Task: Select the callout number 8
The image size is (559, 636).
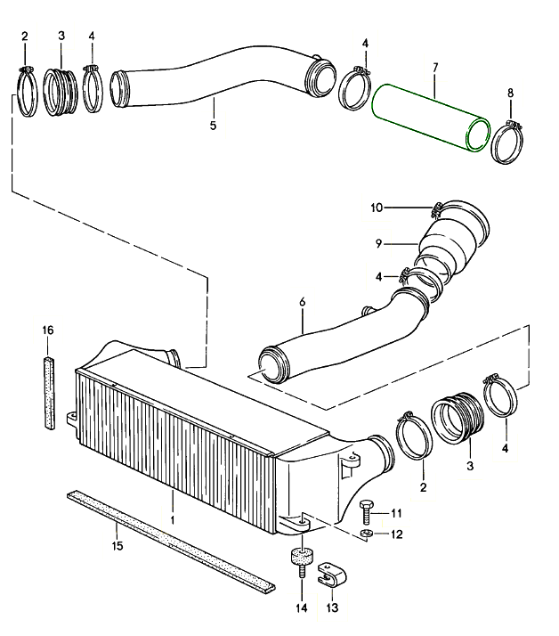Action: pyautogui.click(x=510, y=93)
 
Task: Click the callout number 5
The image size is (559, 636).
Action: pyautogui.click(x=213, y=126)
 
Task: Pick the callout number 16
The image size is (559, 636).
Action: pyautogui.click(x=48, y=330)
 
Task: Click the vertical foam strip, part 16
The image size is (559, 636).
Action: pyautogui.click(x=49, y=393)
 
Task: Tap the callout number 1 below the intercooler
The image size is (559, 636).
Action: pyautogui.click(x=173, y=518)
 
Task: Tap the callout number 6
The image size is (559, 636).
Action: pyautogui.click(x=302, y=303)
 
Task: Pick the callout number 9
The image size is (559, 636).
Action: pyautogui.click(x=377, y=241)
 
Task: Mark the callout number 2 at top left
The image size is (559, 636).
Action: pyautogui.click(x=25, y=37)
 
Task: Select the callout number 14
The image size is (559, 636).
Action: pyautogui.click(x=301, y=608)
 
